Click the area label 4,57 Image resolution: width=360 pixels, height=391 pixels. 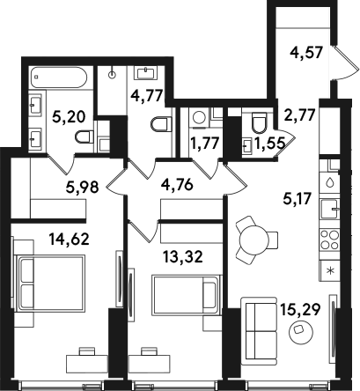click(306, 54)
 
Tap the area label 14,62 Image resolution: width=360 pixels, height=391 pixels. click(69, 239)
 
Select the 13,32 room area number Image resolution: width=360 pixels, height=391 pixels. click(183, 257)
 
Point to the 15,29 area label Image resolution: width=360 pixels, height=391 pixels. click(300, 309)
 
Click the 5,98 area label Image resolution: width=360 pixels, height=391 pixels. click(82, 187)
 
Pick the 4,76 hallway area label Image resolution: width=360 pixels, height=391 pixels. click(177, 185)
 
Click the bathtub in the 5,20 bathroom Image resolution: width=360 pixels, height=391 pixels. click(59, 77)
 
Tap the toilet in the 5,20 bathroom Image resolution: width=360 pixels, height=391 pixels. click(84, 136)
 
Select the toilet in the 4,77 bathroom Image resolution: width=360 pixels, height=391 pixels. click(161, 124)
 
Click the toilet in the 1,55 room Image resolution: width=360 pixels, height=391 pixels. click(259, 122)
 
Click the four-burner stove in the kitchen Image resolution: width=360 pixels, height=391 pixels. click(330, 240)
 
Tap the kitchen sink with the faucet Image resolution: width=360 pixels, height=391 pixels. click(330, 209)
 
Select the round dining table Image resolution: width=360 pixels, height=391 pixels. click(254, 240)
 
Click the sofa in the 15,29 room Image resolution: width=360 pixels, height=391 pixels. click(259, 331)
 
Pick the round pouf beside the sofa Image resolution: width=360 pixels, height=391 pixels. click(301, 331)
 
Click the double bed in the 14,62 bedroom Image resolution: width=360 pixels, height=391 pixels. click(51, 283)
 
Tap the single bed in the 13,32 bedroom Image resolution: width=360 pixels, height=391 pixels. click(186, 295)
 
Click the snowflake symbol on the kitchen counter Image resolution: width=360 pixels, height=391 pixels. click(330, 270)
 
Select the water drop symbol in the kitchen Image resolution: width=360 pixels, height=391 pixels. click(330, 182)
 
